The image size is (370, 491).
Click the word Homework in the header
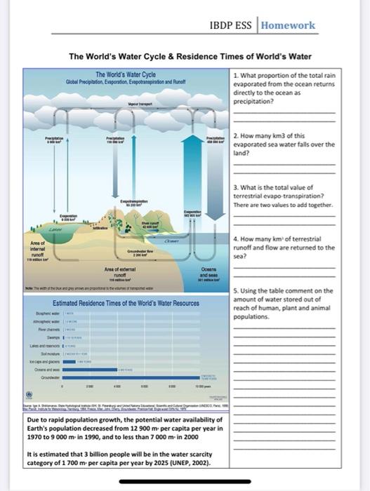pyautogui.click(x=288, y=25)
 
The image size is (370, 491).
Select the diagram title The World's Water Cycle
pyautogui.click(x=125, y=74)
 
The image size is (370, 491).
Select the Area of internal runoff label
pyautogui.click(x=37, y=250)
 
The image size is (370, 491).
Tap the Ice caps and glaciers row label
pyautogui.click(x=44, y=361)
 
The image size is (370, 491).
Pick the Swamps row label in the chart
pyautogui.click(x=53, y=337)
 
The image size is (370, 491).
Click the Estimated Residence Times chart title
pyautogui.click(x=116, y=303)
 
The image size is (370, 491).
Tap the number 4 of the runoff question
pyautogui.click(x=235, y=240)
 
